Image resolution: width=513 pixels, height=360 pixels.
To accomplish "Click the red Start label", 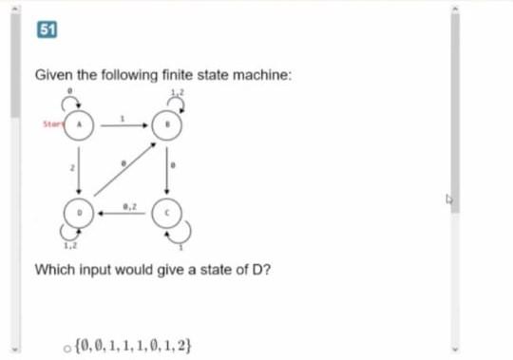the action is point(53,123).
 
